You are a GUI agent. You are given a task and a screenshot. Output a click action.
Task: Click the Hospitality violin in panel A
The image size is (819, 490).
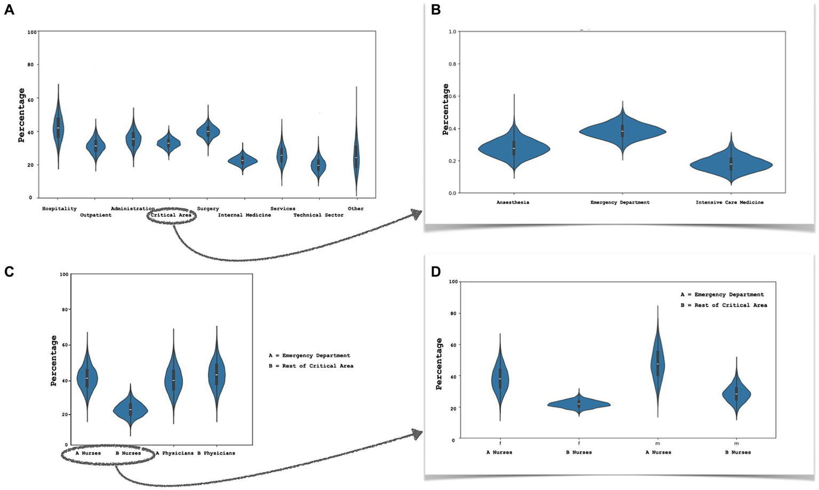click(58, 127)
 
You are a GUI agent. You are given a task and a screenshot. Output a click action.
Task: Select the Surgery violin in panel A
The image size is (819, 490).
click(208, 131)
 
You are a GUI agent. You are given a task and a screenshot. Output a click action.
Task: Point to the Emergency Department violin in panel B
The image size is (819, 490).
click(622, 131)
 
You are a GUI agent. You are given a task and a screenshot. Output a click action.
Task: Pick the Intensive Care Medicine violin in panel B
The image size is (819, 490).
click(731, 165)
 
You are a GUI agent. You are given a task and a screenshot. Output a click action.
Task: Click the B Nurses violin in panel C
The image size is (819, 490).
click(130, 409)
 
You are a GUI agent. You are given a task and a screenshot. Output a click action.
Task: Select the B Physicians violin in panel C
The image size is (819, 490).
click(216, 373)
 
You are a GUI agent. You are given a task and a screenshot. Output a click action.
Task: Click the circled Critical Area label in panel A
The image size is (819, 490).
click(171, 215)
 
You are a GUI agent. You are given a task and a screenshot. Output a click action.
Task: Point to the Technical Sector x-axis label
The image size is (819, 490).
click(318, 215)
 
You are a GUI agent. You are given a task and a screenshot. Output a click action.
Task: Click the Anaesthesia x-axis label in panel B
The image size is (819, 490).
click(513, 203)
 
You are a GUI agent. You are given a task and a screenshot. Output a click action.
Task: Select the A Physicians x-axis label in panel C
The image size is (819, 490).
click(174, 453)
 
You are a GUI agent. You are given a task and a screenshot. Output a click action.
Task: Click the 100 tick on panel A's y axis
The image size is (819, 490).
click(32, 32)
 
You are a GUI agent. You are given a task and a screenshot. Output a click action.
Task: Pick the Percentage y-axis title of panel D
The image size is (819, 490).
click(439, 364)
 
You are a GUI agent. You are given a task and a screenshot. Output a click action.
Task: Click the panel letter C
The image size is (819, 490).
click(9, 272)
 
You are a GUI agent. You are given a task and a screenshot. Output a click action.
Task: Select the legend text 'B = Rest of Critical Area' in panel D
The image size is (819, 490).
click(723, 306)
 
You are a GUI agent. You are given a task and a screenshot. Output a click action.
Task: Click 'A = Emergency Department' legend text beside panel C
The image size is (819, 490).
click(309, 356)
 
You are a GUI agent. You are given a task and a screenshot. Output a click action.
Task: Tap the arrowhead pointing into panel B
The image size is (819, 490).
click(416, 214)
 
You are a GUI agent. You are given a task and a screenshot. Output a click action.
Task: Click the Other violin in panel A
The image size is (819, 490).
click(356, 155)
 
